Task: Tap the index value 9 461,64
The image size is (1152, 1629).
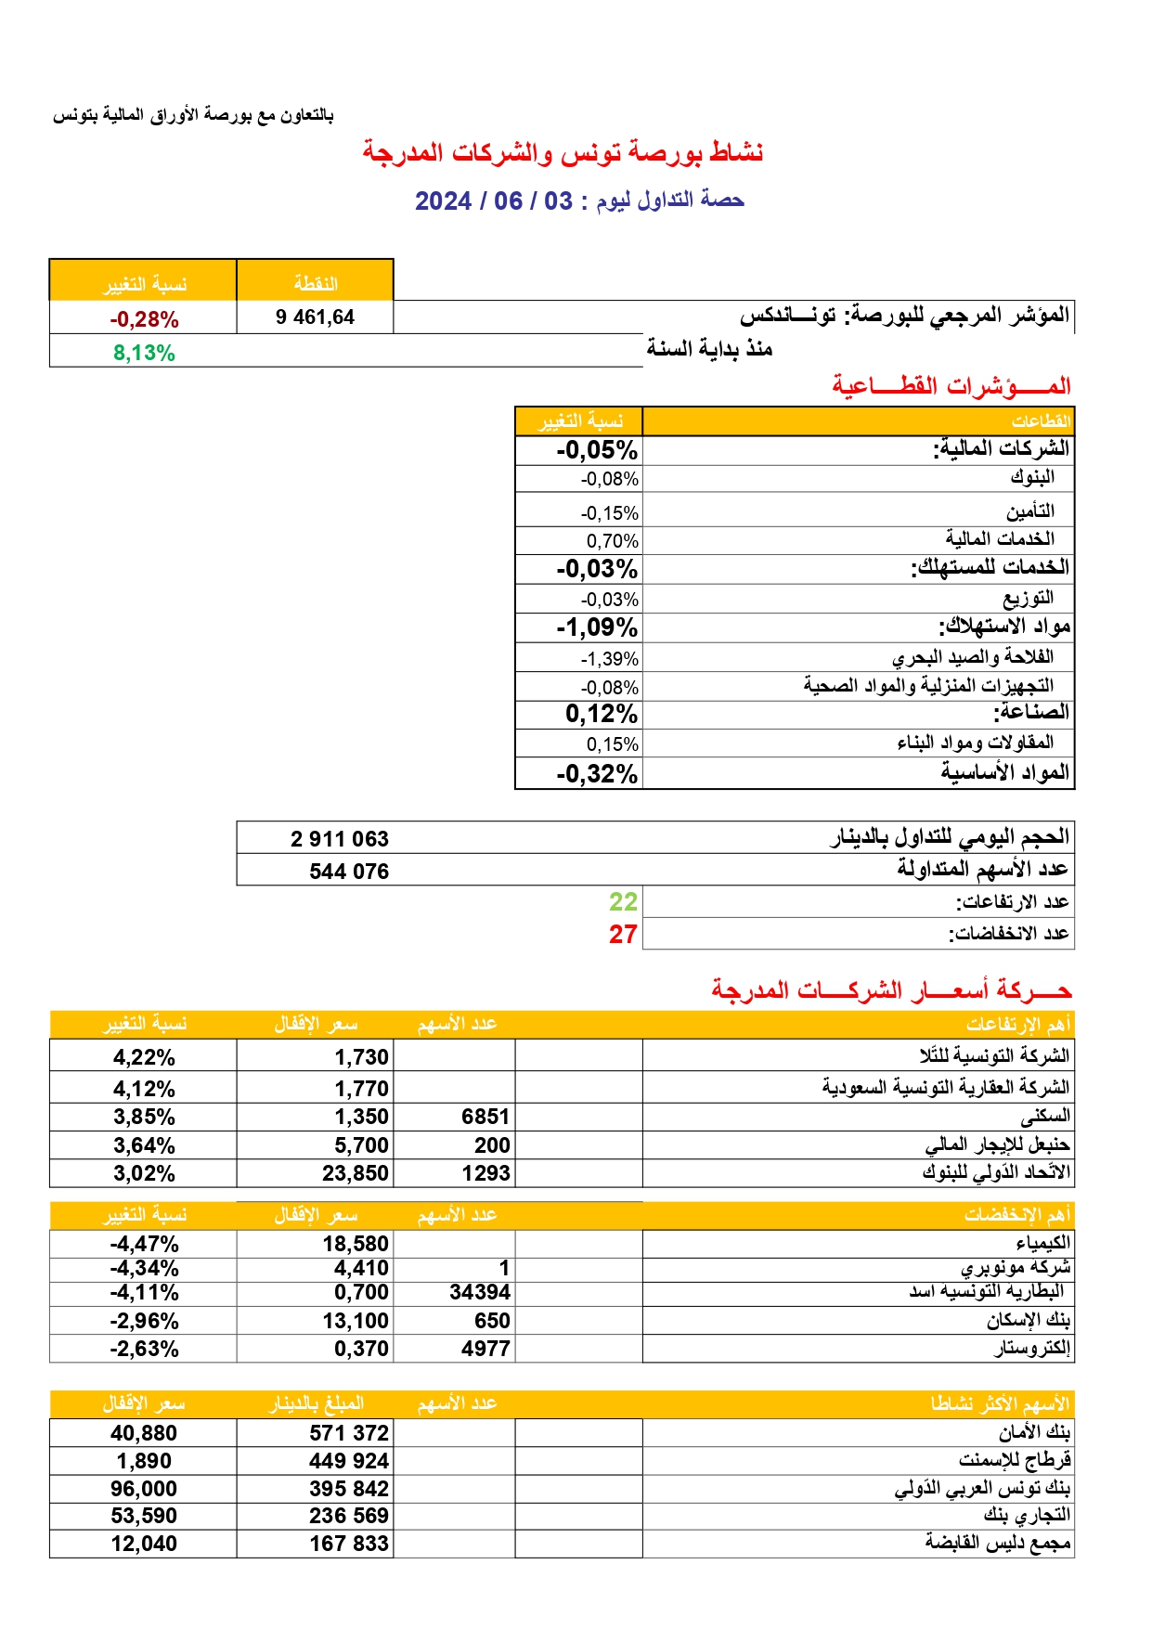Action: (x=315, y=317)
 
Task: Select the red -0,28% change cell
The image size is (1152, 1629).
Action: (x=144, y=319)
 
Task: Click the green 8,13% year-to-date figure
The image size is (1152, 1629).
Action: (x=144, y=353)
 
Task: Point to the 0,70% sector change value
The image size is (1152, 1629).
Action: (x=612, y=541)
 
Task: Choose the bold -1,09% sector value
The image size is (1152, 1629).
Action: (x=597, y=627)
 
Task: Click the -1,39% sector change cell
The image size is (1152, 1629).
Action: (x=610, y=659)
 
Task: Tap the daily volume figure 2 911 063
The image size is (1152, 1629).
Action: (x=339, y=839)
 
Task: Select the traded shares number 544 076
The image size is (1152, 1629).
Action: (x=349, y=872)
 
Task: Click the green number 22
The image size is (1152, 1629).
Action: (x=623, y=902)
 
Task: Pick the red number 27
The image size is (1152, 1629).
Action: (x=623, y=935)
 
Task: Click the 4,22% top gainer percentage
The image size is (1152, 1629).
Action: (x=144, y=1057)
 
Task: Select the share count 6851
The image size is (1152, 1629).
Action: (x=485, y=1117)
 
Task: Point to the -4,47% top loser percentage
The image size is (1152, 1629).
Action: (x=144, y=1244)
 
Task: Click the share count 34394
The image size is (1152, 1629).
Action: (x=480, y=1292)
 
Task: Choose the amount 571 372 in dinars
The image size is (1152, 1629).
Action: (x=349, y=1433)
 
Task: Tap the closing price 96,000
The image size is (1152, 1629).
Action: (x=144, y=1489)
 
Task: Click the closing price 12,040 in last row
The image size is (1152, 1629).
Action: (x=144, y=1544)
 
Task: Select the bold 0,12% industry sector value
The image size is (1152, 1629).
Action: (x=602, y=714)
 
